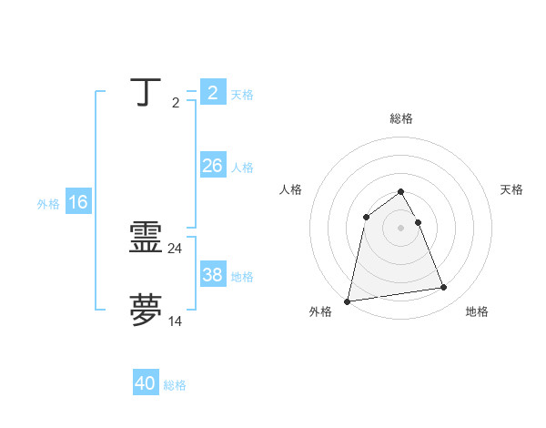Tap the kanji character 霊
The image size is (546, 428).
(x=147, y=239)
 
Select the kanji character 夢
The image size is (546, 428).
(x=147, y=311)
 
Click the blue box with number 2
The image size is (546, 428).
(x=212, y=93)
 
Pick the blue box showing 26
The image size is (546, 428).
(x=212, y=166)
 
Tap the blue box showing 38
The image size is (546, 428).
(x=212, y=275)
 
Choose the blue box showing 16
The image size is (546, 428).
(x=78, y=202)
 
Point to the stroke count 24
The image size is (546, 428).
(x=176, y=249)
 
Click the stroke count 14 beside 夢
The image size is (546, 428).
(x=176, y=321)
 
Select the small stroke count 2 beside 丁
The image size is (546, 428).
(x=175, y=103)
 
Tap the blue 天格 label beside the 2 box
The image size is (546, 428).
(x=242, y=95)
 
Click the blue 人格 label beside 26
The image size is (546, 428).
(x=242, y=168)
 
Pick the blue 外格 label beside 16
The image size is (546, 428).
(x=48, y=204)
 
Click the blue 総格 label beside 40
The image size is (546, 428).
(x=175, y=385)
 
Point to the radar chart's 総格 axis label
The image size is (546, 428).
(x=401, y=118)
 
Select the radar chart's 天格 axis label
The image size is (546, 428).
(x=511, y=189)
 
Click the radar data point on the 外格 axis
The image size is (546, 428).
(x=348, y=301)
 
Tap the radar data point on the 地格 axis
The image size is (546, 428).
(x=444, y=288)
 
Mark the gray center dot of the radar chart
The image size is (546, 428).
(x=401, y=228)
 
